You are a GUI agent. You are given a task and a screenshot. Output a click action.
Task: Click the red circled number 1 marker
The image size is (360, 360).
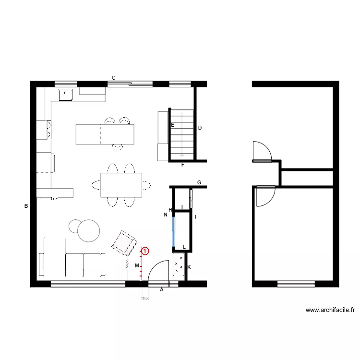click(145, 251)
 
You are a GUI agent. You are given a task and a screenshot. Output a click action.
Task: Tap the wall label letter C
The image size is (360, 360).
click(114, 78)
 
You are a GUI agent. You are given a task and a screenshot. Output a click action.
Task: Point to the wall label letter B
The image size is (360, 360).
click(26, 206)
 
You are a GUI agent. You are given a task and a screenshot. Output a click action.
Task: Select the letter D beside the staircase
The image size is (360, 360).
click(200, 128)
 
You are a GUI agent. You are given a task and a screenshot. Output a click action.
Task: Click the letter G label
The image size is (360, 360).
click(199, 182)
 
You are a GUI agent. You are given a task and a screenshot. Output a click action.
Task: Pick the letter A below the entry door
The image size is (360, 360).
click(161, 290)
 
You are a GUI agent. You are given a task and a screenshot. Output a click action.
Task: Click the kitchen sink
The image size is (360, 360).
click(66, 95)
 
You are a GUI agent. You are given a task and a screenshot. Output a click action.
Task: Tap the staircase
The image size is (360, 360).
click(182, 134)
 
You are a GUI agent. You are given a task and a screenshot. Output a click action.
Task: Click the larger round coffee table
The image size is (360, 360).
click(88, 231)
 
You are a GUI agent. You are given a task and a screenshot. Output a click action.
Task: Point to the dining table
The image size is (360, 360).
click(121, 185)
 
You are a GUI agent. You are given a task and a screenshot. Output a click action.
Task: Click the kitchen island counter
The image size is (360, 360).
click(105, 134)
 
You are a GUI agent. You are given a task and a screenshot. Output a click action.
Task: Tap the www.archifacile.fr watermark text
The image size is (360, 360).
click(330, 310)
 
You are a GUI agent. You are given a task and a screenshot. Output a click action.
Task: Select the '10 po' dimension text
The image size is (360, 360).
click(145, 299)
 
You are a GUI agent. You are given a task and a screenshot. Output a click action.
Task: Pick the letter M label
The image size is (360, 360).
click(137, 265)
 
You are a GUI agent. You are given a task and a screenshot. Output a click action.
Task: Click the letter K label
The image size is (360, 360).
click(189, 267)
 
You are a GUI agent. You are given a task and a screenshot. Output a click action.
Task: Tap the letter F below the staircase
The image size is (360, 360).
click(182, 165)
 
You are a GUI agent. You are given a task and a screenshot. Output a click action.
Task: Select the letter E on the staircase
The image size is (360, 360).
click(172, 125)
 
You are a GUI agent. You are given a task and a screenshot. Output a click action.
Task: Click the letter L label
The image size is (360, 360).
click(184, 247)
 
